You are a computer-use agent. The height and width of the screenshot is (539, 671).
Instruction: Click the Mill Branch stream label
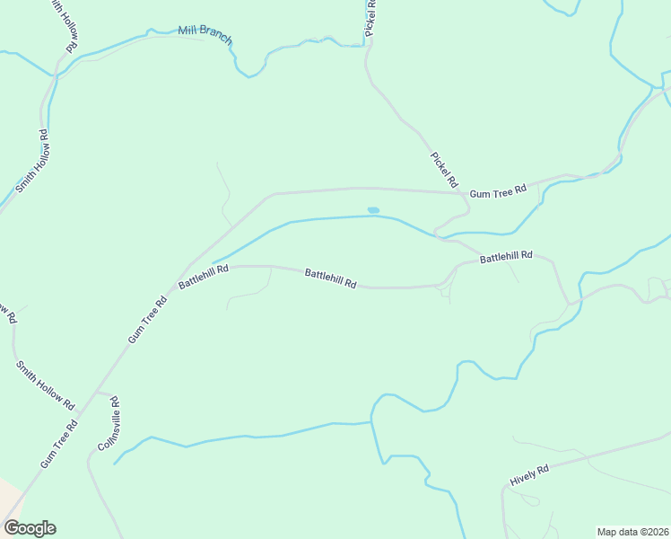click(205, 34)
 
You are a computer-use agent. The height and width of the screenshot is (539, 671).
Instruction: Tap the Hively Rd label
click(528, 475)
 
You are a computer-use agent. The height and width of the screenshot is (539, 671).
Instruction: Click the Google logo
click(30, 528)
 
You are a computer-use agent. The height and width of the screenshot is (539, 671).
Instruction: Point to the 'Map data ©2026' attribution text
click(632, 531)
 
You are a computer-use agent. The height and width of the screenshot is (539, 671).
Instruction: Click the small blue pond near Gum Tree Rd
click(373, 210)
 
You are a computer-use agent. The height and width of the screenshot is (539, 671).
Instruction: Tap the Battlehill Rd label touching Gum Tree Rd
click(204, 276)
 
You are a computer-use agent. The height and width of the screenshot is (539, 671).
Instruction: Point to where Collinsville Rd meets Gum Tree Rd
click(97, 393)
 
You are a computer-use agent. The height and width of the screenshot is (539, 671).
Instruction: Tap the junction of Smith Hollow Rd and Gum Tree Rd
click(79, 414)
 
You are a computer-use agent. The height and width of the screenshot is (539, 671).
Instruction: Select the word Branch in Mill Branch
click(216, 36)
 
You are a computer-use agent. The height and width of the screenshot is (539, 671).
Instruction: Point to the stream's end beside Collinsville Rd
click(114, 464)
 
